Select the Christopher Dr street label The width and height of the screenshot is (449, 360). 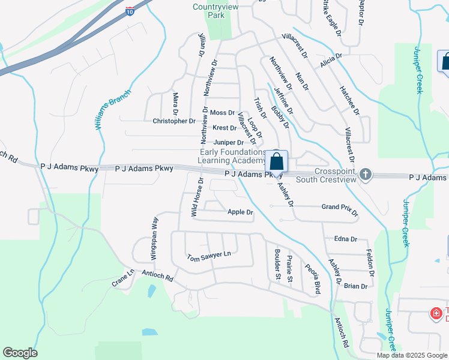pyautogui.click(x=174, y=121)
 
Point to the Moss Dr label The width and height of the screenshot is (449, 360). pyautogui.click(x=222, y=113)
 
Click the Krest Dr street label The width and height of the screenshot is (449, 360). pyautogui.click(x=224, y=128)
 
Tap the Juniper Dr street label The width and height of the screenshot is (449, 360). pyautogui.click(x=229, y=143)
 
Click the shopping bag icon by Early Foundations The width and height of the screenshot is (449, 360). pyautogui.click(x=277, y=161)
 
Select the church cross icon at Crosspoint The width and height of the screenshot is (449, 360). pyautogui.click(x=365, y=175)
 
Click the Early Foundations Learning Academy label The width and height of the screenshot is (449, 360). pyautogui.click(x=232, y=157)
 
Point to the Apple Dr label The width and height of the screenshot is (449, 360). pyautogui.click(x=241, y=212)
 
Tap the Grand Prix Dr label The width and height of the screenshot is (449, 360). pyautogui.click(x=340, y=209)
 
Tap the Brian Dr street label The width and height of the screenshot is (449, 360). pyautogui.click(x=356, y=286)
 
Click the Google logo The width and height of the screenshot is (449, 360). pyautogui.click(x=20, y=353)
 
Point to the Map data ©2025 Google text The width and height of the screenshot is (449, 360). pyautogui.click(x=412, y=355)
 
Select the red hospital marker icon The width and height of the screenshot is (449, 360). pyautogui.click(x=436, y=313)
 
